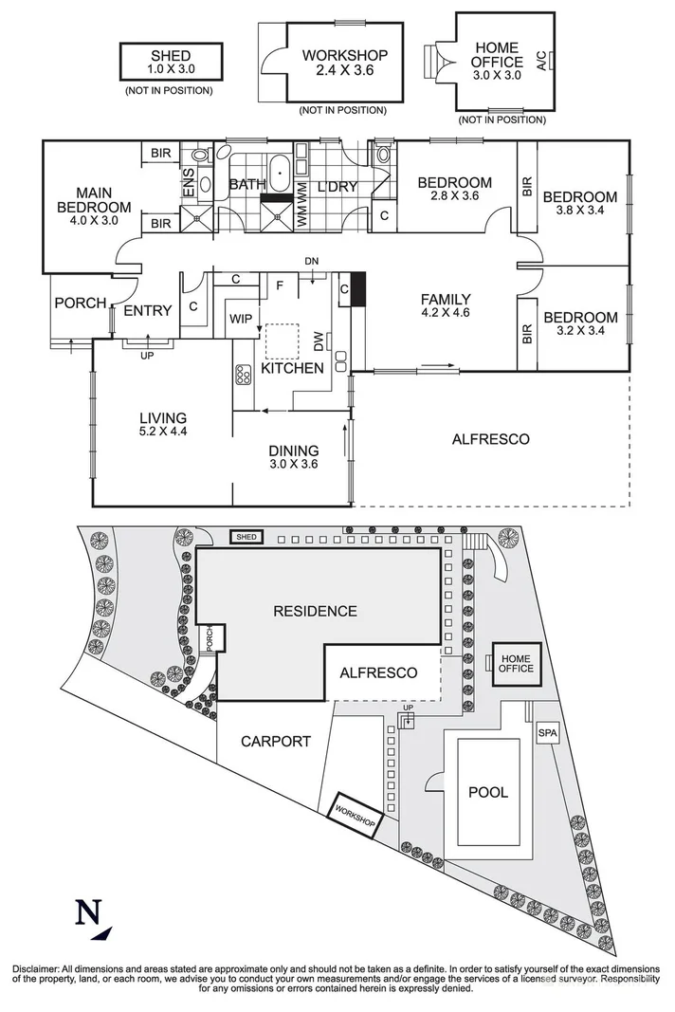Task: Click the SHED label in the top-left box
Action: pyautogui.click(x=171, y=56)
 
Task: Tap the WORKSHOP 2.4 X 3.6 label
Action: pyautogui.click(x=344, y=63)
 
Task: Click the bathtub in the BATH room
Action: pyautogui.click(x=279, y=173)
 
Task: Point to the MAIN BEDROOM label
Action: pyautogui.click(x=94, y=200)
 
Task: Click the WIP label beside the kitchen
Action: pyautogui.click(x=241, y=319)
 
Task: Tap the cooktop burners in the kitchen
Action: pyautogui.click(x=244, y=375)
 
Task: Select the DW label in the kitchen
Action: pyautogui.click(x=319, y=342)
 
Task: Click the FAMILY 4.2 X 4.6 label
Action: pyautogui.click(x=446, y=306)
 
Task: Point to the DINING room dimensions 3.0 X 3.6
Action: pyautogui.click(x=294, y=464)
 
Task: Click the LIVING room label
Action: pyautogui.click(x=163, y=417)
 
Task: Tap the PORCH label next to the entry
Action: pyautogui.click(x=80, y=303)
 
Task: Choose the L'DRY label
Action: pyautogui.click(x=337, y=187)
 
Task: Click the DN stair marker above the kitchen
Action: pyautogui.click(x=312, y=261)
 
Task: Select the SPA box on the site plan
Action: pyautogui.click(x=547, y=733)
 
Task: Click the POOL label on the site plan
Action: pyautogui.click(x=488, y=792)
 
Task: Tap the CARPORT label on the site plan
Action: pyautogui.click(x=276, y=742)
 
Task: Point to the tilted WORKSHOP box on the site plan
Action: pyautogui.click(x=355, y=815)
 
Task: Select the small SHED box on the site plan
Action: pyautogui.click(x=246, y=536)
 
